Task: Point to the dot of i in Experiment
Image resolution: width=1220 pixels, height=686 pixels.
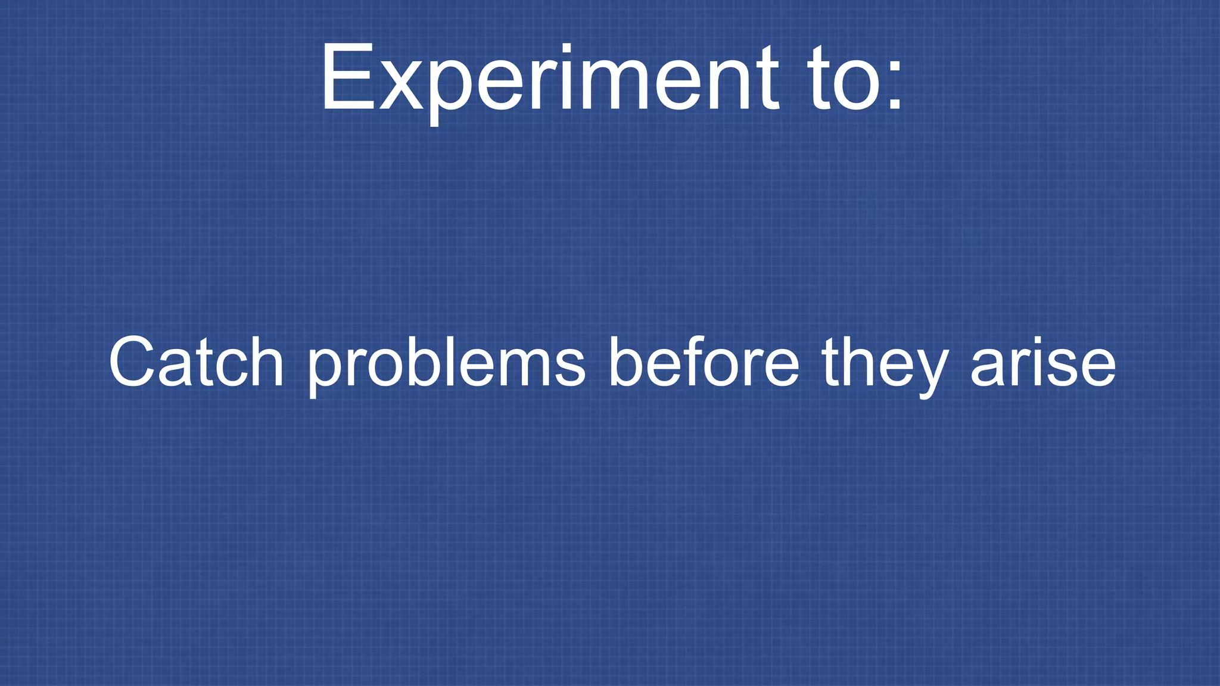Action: coord(567,48)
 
